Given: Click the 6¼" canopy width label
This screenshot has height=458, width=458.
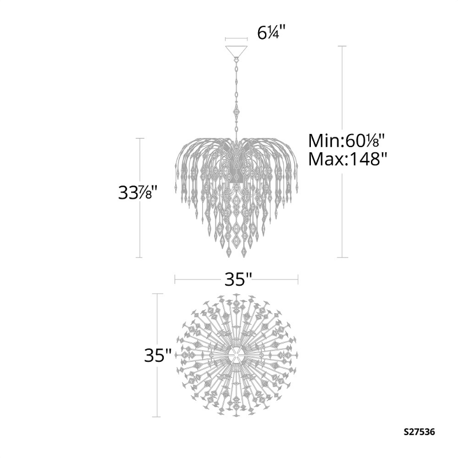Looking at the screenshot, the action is pos(271,33).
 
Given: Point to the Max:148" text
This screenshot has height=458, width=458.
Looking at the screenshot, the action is pos(348,159).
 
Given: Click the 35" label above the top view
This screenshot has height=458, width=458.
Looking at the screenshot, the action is pos(238,279).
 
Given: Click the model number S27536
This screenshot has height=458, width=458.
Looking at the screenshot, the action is pos(420,432).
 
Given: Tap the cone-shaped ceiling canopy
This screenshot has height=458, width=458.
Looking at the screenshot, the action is pos(236,52).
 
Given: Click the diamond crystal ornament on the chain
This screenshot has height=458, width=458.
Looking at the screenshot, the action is pos(236,112).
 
